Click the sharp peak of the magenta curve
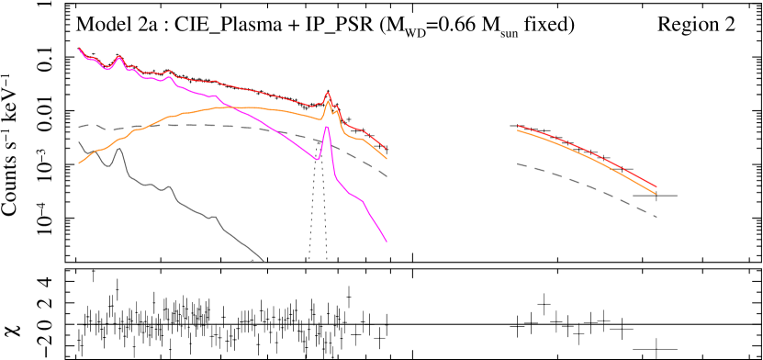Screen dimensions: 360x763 coord(327,127)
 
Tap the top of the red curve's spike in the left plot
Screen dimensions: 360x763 coord(328,93)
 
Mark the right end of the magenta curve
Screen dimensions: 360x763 coord(387,242)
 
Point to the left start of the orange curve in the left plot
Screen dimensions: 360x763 coord(79,163)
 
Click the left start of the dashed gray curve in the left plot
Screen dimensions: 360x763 coord(79,127)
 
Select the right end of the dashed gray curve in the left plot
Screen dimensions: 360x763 coord(387,175)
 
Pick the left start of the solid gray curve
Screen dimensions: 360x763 coord(79,141)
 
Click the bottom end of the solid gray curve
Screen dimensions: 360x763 coord(264,261)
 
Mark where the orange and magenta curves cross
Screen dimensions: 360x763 coord(229,107)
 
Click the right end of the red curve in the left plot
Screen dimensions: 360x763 coord(387,149)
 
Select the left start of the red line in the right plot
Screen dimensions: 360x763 coord(518,126)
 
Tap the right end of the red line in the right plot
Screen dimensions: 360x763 coord(656,187)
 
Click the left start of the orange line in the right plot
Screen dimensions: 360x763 coord(518,130)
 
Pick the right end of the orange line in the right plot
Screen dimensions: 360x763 coord(656,194)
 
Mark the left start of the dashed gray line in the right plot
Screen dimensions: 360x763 coord(518,163)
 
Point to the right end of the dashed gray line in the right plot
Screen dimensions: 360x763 coord(656,217)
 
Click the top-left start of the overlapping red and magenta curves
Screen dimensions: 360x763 coord(79,48)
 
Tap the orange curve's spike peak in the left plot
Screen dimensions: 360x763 coord(328,101)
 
